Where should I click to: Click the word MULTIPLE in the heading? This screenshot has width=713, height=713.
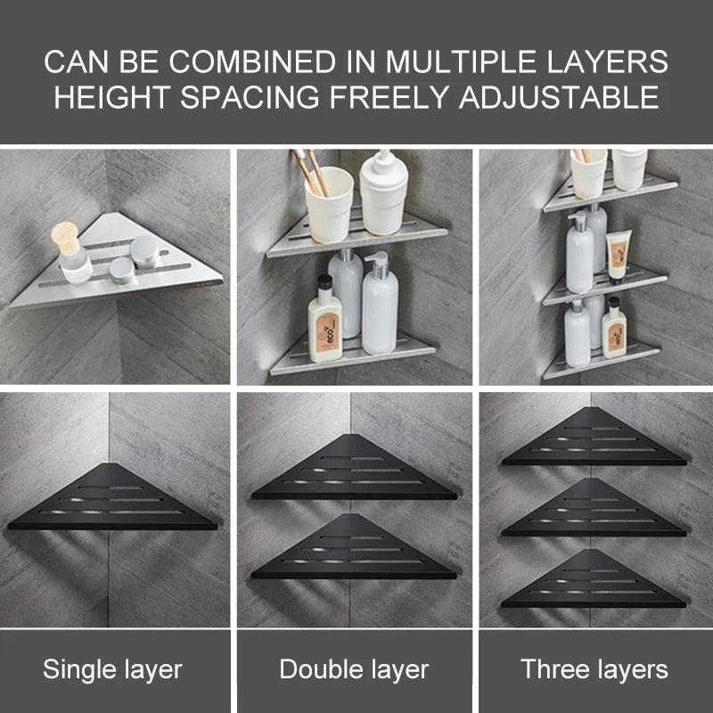[x=461, y=61]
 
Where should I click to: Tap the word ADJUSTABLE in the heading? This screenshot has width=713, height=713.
[x=559, y=97]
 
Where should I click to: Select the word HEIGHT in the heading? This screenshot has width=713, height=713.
[x=112, y=97]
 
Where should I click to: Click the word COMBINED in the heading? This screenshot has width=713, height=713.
[x=252, y=61]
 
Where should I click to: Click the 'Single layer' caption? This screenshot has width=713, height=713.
[x=112, y=669]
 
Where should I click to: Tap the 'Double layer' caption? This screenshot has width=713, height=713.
[x=354, y=669]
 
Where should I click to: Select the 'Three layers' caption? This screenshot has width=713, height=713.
[x=594, y=669]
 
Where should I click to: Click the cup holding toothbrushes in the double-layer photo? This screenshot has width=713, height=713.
[x=328, y=204]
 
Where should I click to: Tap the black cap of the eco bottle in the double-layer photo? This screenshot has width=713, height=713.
[x=324, y=283]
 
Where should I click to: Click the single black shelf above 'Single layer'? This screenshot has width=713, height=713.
[x=112, y=497]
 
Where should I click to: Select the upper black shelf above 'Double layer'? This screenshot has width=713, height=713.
[x=354, y=467]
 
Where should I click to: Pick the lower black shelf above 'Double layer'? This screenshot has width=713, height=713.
[x=354, y=547]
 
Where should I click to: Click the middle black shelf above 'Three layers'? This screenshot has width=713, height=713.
[x=594, y=507]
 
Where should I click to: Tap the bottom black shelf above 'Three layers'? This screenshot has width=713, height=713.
[x=594, y=578]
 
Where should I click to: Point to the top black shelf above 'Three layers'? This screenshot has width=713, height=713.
[x=594, y=437]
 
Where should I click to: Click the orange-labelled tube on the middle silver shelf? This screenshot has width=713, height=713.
[x=619, y=257]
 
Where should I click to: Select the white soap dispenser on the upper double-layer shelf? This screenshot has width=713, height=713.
[x=383, y=193]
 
